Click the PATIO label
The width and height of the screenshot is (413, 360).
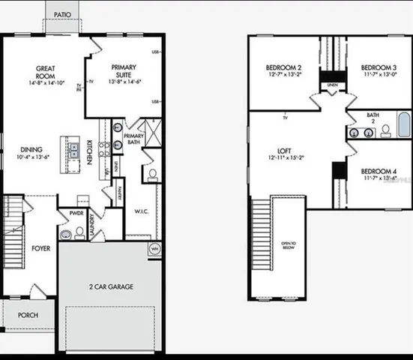63,14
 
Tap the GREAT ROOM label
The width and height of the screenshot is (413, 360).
46,73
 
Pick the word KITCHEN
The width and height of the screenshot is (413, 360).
90,152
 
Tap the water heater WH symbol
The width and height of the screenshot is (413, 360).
154,248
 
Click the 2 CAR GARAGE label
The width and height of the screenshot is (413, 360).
109,286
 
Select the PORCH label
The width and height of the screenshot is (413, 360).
28,315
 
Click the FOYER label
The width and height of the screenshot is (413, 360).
40,248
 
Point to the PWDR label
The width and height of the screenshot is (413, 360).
76,213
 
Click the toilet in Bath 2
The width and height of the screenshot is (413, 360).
385,131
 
